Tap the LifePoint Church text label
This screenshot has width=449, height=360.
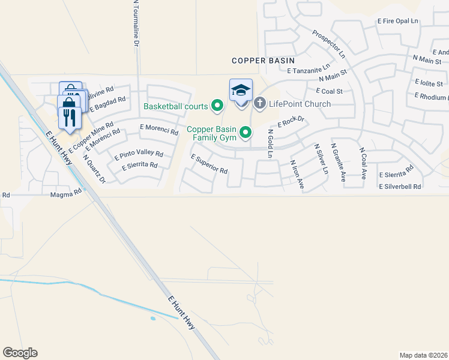point(300,104)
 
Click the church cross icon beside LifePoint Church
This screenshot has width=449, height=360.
point(260,103)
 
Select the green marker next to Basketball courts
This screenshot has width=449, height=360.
point(218,107)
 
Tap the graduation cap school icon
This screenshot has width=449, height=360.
point(241,91)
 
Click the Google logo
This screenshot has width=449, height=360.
point(20,353)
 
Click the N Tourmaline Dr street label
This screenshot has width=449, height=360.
point(136,23)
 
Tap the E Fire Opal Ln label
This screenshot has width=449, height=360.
point(397,21)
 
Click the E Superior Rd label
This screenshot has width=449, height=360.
point(209,164)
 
